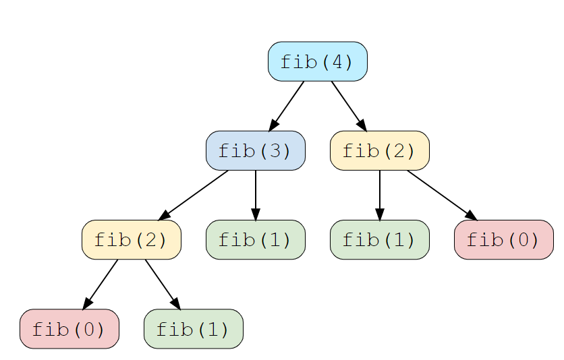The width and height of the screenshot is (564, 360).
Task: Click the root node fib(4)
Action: point(317,61)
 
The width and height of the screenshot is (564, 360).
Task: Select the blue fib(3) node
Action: point(255,150)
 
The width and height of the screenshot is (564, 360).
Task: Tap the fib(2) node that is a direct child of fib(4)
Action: point(379,150)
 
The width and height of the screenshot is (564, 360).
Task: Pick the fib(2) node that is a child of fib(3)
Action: point(131,239)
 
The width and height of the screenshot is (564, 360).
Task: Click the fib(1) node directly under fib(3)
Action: point(255,239)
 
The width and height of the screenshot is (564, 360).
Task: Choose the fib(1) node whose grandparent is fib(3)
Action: point(193,329)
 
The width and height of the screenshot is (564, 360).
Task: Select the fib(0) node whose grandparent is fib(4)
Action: point(503,239)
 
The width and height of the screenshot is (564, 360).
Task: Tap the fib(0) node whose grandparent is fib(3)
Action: point(69,329)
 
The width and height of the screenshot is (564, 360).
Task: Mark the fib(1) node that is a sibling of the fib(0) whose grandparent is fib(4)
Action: point(379,239)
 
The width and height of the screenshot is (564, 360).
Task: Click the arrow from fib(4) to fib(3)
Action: point(287,105)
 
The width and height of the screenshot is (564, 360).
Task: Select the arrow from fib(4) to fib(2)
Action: point(348,105)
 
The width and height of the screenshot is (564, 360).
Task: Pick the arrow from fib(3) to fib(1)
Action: point(255,195)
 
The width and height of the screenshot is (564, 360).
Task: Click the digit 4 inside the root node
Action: point(335,62)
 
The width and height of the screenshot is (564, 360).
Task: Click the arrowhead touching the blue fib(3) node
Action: point(273,125)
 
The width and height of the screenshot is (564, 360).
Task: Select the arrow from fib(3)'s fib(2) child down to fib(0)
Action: point(100,284)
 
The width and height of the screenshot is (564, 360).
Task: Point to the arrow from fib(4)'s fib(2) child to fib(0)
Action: point(441,195)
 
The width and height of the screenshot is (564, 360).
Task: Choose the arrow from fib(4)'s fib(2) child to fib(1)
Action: point(379,195)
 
